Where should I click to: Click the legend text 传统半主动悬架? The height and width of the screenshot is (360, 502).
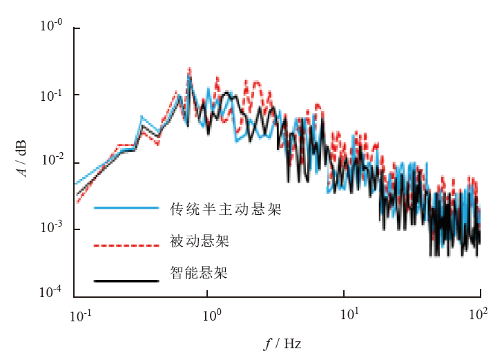[x=225, y=209]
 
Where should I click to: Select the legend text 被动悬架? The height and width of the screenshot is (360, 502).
[x=200, y=242]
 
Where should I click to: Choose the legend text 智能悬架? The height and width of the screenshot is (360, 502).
[x=200, y=274]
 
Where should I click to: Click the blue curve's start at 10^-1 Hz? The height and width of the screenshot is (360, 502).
[x=75, y=184]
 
